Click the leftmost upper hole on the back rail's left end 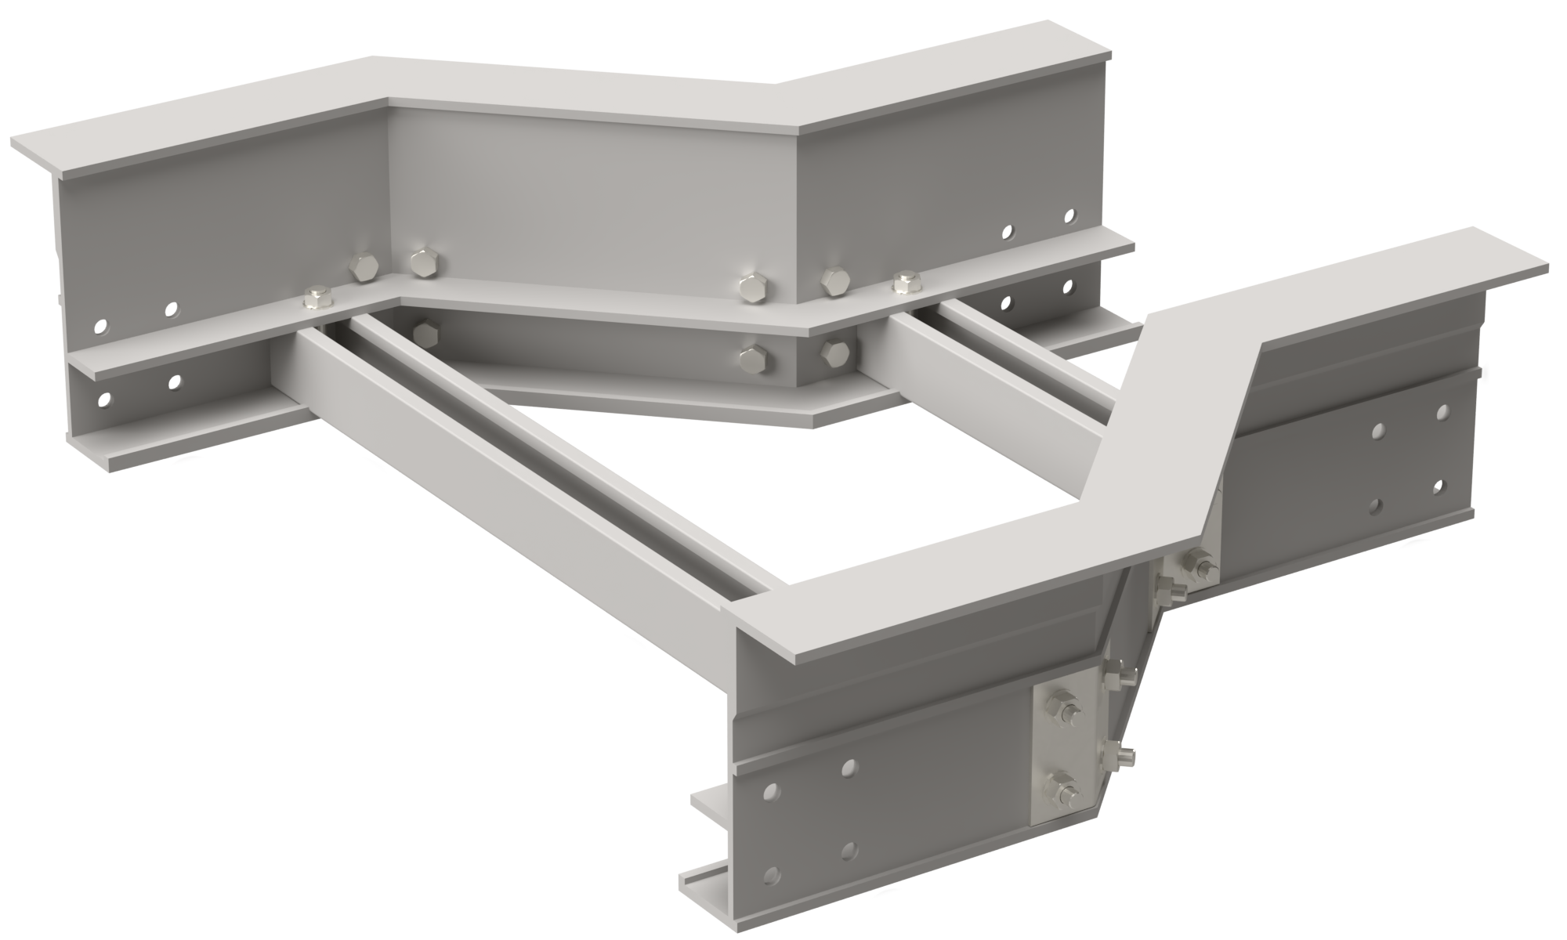(x=100, y=325)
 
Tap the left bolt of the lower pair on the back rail (x=754, y=358)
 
